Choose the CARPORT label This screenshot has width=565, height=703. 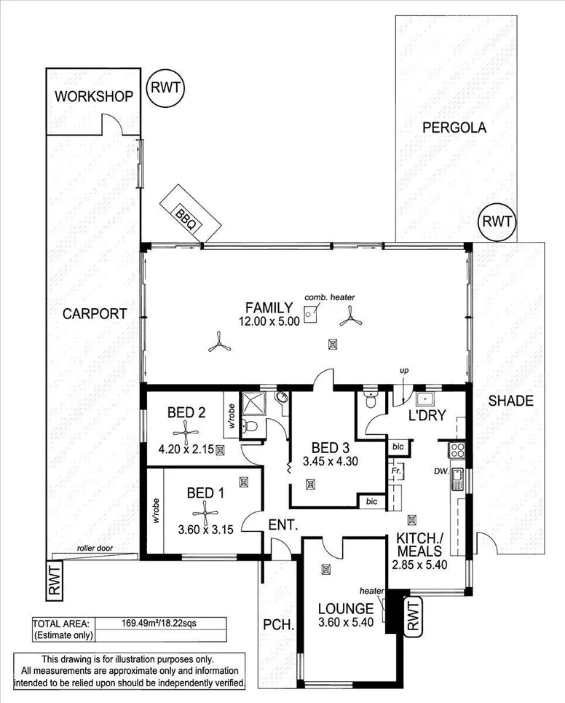pos(95,314)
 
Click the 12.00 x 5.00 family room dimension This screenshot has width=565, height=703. pos(269,321)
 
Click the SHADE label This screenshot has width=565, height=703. pos(510,401)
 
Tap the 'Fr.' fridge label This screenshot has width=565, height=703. pos(395,471)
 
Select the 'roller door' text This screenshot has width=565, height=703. pos(94,549)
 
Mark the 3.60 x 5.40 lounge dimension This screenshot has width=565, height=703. pos(346,623)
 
